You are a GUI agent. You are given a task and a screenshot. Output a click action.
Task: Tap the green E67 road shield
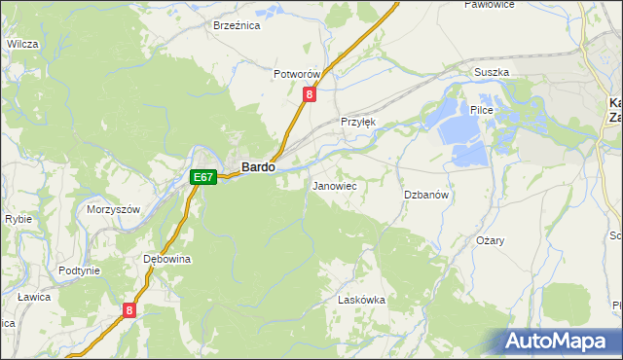202,177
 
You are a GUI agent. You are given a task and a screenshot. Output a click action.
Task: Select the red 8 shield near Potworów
310,94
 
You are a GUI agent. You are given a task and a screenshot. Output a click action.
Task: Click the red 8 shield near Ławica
129,310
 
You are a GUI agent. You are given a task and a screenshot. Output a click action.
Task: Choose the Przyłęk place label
357,122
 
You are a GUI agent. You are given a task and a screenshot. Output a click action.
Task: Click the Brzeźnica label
237,26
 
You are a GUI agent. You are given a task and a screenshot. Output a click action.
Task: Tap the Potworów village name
297,75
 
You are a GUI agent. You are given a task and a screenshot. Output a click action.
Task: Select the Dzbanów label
426,195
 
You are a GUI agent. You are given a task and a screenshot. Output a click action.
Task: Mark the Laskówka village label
361,301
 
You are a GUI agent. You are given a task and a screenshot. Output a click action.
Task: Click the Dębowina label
166,260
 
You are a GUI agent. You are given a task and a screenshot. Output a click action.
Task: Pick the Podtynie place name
80,270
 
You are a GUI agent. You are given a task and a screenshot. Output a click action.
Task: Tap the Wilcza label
21,44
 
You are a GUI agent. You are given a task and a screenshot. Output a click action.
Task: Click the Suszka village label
492,73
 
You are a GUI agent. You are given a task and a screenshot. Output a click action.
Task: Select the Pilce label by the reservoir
483,111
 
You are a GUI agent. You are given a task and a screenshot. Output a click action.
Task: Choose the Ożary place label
490,240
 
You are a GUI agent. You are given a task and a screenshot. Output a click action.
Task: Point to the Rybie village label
18,219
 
